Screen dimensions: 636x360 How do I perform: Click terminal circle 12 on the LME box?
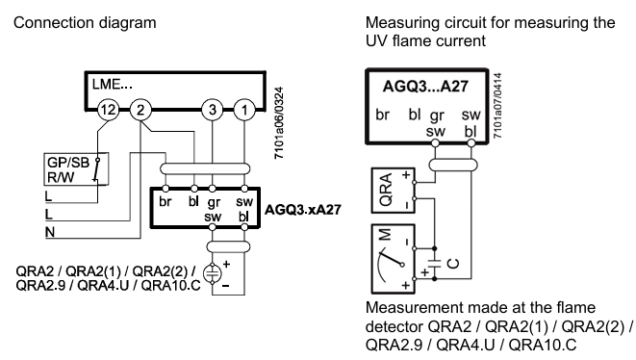[109, 110]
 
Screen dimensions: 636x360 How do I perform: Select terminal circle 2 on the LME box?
[140, 110]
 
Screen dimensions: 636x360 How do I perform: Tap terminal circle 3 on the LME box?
[212, 110]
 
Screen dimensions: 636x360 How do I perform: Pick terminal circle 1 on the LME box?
[244, 110]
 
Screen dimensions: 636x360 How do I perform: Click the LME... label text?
[113, 85]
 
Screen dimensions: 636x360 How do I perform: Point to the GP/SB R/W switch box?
[76, 169]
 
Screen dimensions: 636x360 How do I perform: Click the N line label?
[50, 233]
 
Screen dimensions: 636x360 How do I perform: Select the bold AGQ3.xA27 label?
[302, 210]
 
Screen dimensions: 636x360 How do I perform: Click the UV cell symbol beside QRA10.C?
[212, 273]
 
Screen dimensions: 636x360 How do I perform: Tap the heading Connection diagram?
[85, 23]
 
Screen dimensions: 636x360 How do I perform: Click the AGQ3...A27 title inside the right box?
[425, 87]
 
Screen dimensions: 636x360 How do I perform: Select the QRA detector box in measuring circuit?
[393, 191]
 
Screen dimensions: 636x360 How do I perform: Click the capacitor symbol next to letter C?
[434, 264]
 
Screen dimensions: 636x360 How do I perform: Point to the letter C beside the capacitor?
[453, 264]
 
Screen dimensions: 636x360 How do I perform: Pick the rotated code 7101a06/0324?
[279, 123]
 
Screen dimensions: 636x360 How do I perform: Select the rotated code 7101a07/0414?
[497, 106]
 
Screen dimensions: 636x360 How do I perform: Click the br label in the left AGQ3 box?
[165, 201]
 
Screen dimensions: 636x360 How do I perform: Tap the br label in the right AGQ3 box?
[383, 115]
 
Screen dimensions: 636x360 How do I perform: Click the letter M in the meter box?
[385, 235]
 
